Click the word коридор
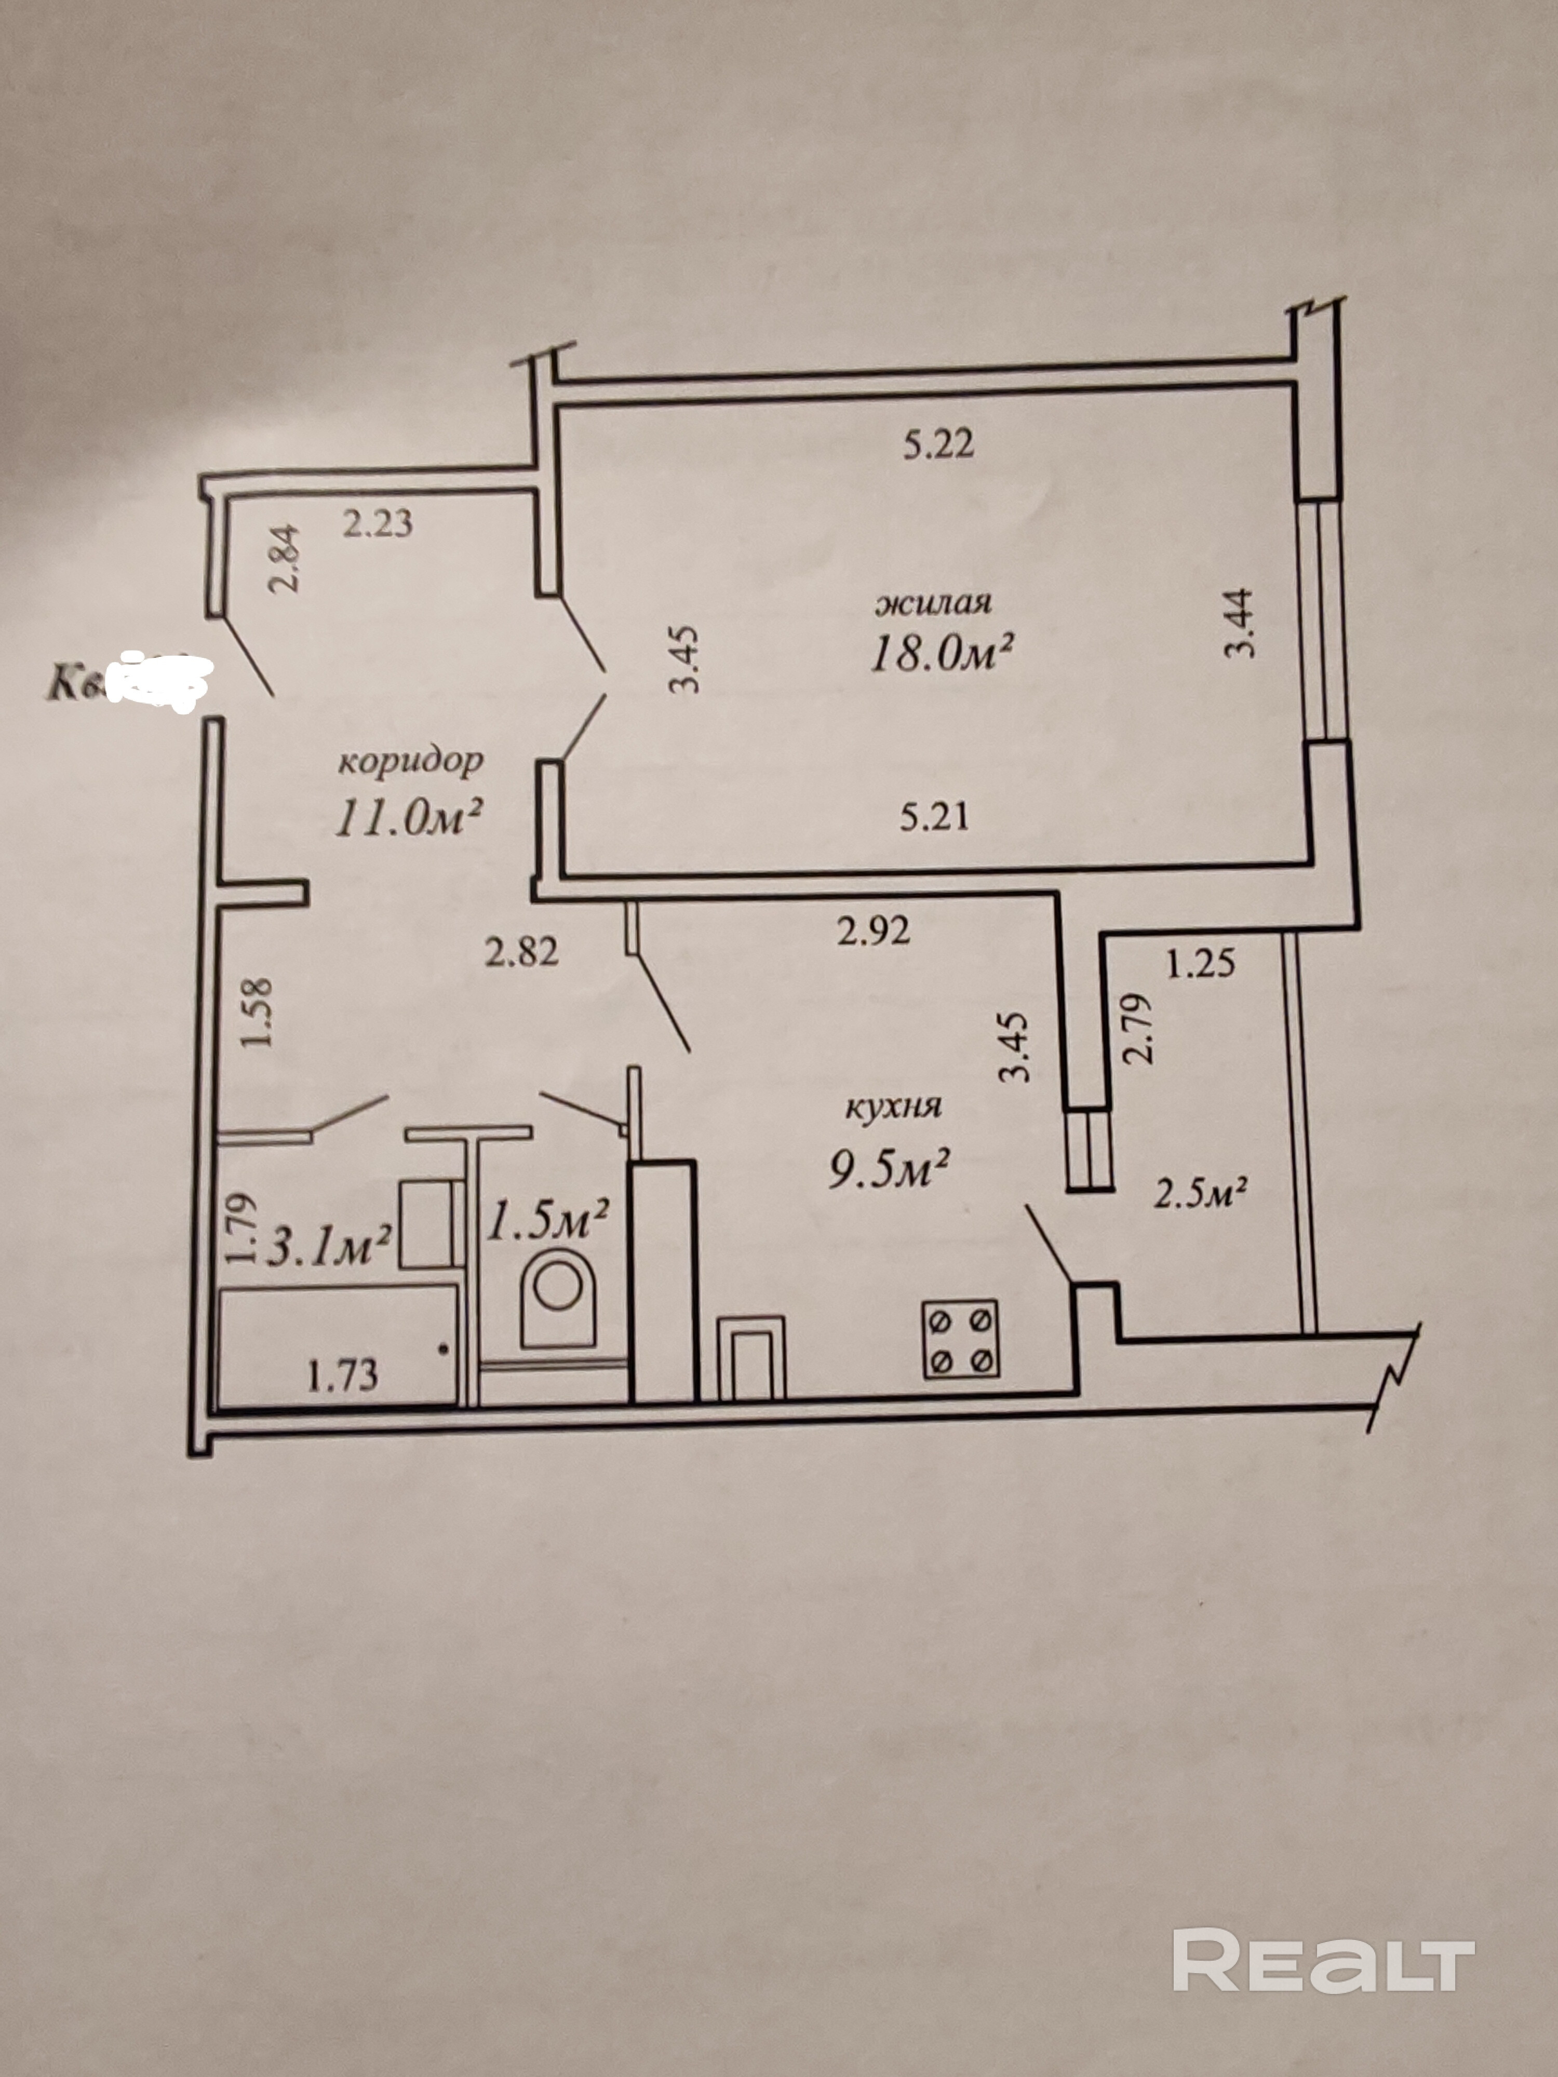[x=410, y=761]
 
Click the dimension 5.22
[x=938, y=444]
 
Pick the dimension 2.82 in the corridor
[x=522, y=952]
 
